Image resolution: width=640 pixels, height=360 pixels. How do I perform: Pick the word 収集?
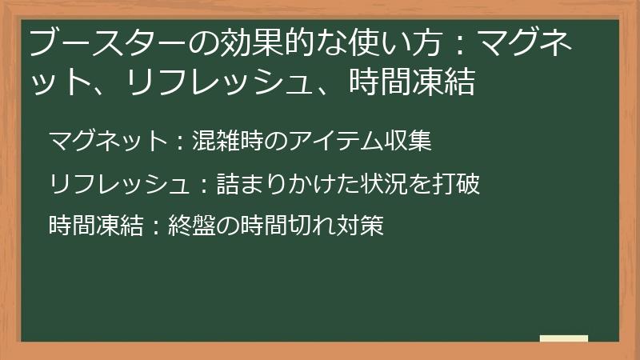coord(412,142)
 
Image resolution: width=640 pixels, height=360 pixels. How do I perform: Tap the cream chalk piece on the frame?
coord(564,338)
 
